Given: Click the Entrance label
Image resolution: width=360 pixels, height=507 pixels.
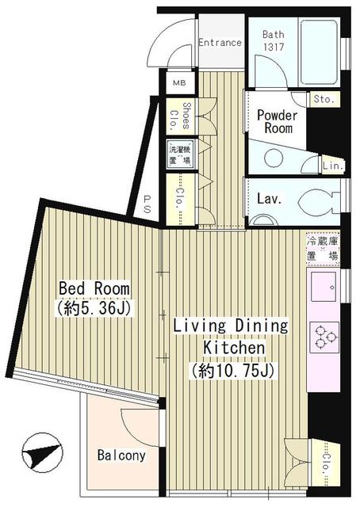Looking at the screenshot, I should pyautogui.click(x=220, y=43).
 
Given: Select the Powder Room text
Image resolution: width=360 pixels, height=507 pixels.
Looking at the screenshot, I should pyautogui.click(x=277, y=122).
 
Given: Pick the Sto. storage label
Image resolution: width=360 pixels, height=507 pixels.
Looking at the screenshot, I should pyautogui.click(x=324, y=99).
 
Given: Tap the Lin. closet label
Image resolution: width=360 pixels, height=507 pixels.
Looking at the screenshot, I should pyautogui.click(x=332, y=165).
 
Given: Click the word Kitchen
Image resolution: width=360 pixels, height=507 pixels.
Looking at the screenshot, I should pyautogui.click(x=232, y=348).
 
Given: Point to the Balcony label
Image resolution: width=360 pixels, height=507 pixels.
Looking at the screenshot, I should pyautogui.click(x=121, y=456).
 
